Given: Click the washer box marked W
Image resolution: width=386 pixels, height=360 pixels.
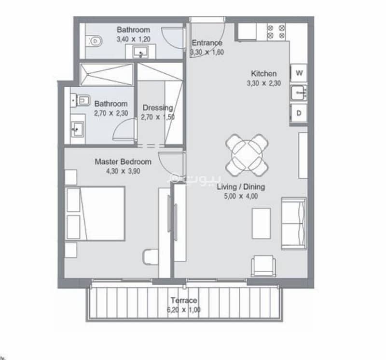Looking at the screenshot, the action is point(299,73).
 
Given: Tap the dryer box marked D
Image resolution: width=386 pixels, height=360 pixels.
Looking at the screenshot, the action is point(299,113).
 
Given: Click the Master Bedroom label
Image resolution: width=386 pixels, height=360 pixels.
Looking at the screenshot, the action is point(123,162).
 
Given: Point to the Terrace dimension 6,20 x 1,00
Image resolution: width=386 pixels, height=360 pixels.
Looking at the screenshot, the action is point(184,310).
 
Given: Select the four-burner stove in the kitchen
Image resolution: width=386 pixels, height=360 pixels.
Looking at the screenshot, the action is point(276,32).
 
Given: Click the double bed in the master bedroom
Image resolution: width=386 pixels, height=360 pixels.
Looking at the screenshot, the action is point(95,213).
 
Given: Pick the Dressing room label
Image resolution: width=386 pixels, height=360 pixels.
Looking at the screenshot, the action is point(158,107).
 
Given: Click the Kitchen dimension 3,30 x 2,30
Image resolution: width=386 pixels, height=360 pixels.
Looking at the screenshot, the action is point(264,83).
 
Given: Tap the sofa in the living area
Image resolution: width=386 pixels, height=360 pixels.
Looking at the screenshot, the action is point(294,223).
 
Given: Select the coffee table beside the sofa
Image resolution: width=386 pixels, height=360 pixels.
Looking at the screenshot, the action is point(261,223).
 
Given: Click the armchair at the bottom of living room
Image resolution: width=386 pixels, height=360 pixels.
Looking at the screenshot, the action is point(263,266).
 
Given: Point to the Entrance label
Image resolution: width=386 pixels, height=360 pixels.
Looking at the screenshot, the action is point(207,43).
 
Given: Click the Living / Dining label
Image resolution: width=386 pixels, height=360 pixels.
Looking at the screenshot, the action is point(241,187).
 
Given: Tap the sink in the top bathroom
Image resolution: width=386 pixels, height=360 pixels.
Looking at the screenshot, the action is point(140,52).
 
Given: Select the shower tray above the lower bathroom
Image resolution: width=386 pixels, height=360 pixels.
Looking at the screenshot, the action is point(107,75).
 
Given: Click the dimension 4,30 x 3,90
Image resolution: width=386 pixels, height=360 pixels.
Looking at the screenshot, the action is point(123,171).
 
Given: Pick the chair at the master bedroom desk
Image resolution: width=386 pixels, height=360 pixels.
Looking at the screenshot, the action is point(151,257).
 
